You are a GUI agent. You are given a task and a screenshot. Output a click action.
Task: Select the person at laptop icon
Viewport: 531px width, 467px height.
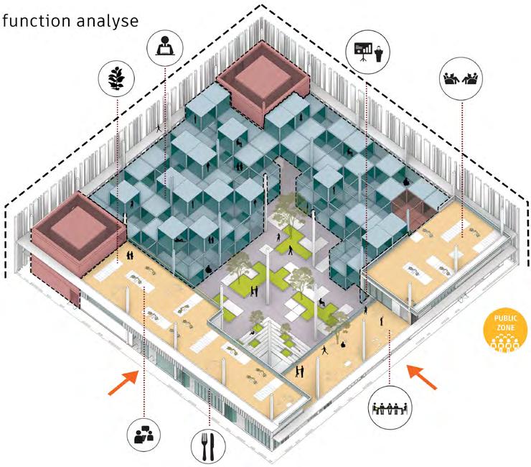(165, 47)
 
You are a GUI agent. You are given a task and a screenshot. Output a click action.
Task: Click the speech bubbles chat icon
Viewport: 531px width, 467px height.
(146, 433)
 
